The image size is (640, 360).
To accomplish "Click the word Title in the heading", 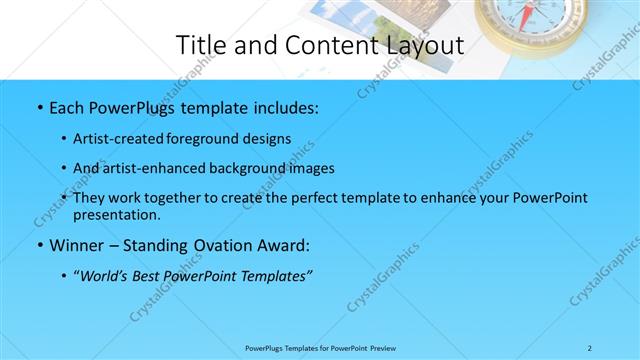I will click(199, 45).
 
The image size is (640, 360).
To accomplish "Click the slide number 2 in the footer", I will click(590, 348).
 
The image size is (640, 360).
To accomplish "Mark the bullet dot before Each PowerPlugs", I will click(39, 106).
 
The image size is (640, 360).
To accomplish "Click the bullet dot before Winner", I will click(39, 245).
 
